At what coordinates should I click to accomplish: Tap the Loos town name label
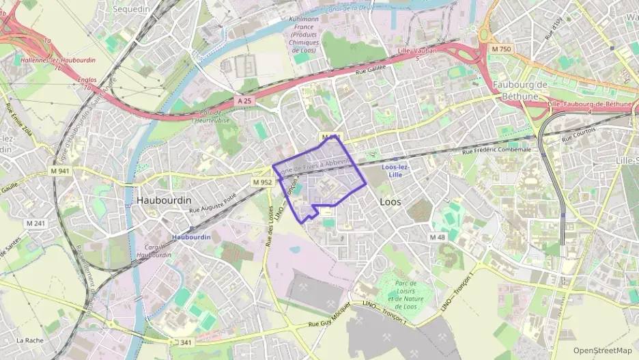tap(390, 202)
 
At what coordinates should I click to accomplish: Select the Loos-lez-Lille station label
tap(395, 171)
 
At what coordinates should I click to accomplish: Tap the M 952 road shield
tap(262, 182)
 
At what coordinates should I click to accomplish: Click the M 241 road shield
tap(35, 223)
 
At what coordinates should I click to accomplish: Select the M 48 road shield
tap(437, 236)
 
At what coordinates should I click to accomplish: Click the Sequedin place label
tap(130, 9)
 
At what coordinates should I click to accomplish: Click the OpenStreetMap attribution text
tap(602, 350)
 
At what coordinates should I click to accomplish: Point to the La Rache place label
tap(30, 340)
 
